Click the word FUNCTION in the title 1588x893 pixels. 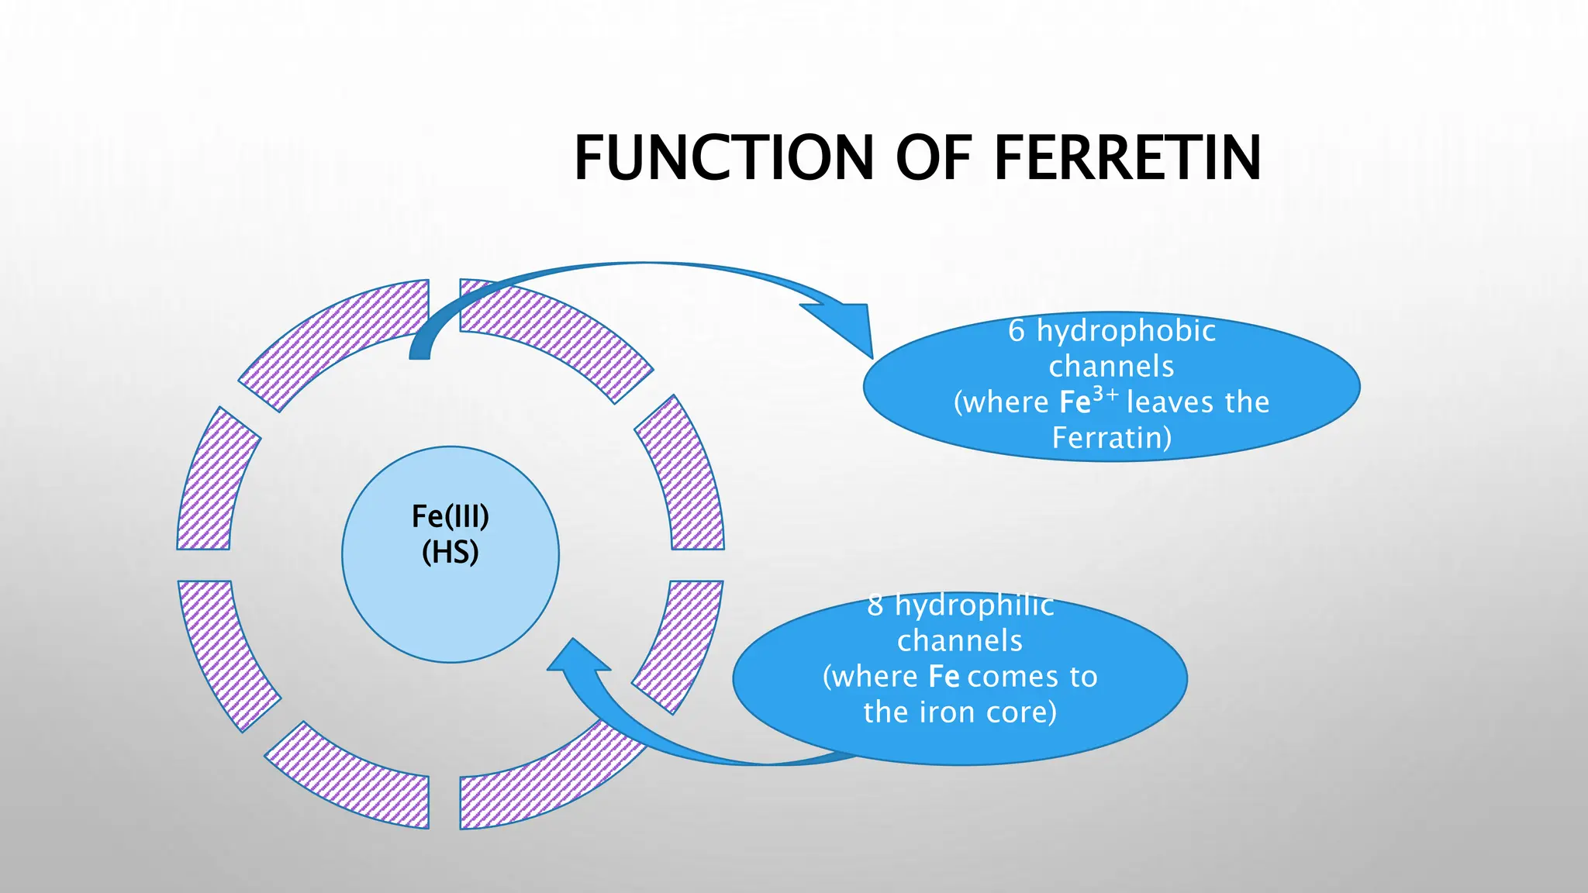pos(724,158)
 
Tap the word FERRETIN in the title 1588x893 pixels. pos(1127,158)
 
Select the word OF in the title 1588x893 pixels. pos(934,158)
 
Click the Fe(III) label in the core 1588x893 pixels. pos(451,516)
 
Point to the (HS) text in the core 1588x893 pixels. pos(451,553)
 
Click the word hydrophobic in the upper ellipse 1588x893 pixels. pos(1126,332)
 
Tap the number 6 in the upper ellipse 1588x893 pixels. pos(1017,332)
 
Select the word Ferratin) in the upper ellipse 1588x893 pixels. pos(1112,438)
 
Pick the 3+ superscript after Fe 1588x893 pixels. pos(1106,395)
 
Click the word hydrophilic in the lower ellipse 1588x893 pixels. pos(975,605)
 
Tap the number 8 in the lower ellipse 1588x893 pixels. pos(875,605)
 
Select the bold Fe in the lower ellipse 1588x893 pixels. pos(944,677)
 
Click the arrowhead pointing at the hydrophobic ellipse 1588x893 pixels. pos(844,326)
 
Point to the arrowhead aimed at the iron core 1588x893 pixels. pos(576,657)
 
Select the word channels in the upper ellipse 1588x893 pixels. pos(1111,367)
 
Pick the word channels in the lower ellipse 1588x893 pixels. pos(960,641)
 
